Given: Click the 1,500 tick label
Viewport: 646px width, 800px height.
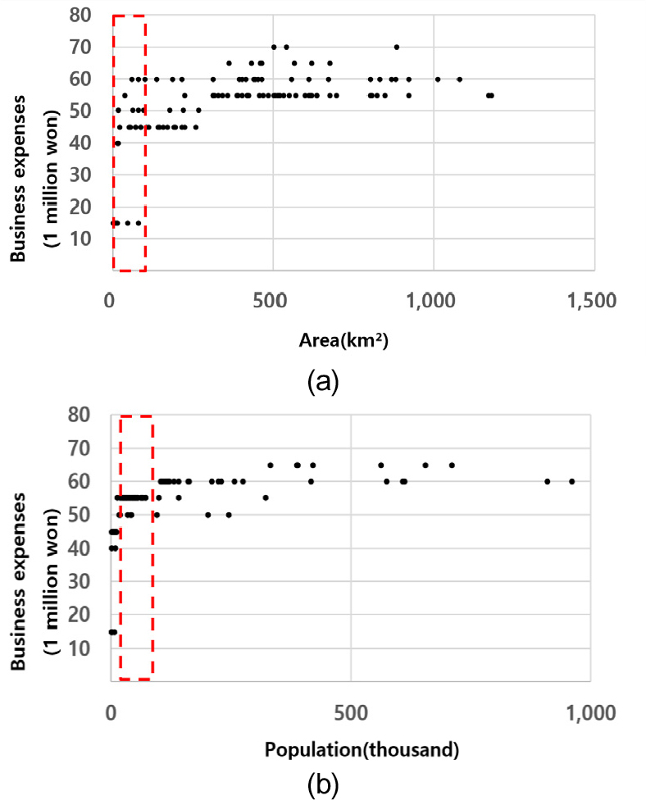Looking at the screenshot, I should (592, 301).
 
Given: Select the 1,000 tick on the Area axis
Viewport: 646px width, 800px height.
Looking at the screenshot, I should (432, 301).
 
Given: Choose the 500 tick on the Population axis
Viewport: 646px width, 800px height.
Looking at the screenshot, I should (350, 711).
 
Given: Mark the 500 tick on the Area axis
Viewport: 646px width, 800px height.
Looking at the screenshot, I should (272, 301).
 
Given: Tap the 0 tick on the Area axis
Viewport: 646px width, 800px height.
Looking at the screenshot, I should (111, 301).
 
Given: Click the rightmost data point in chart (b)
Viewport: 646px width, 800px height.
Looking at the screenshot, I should (572, 481).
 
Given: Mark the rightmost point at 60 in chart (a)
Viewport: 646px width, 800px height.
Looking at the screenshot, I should (460, 80).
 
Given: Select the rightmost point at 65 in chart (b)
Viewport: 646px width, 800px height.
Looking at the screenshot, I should (452, 465).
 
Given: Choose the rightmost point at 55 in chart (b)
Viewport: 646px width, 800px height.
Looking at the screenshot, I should (266, 498).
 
